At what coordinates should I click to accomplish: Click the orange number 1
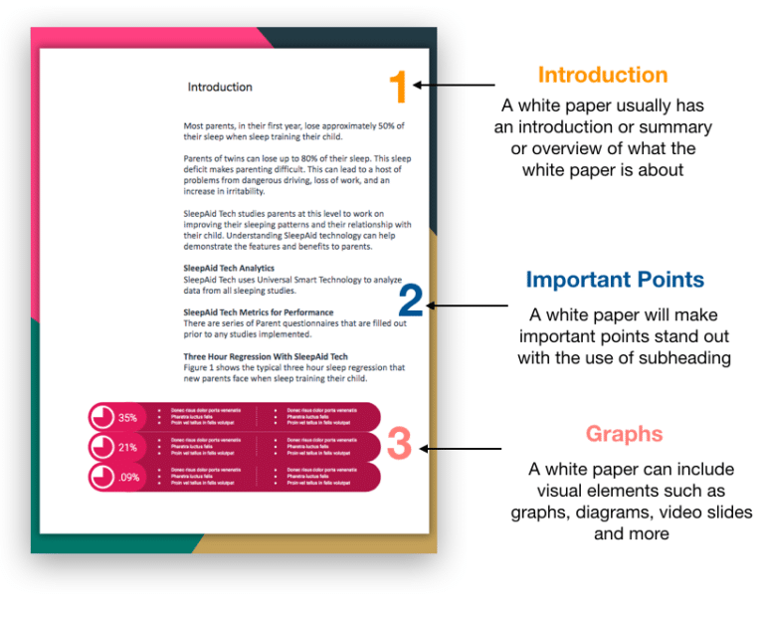pos(397,89)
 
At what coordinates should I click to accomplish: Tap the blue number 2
pos(411,300)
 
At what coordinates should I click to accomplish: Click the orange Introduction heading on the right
pos(602,75)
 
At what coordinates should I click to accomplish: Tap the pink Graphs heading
pos(624,434)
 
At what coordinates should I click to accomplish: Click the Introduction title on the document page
pos(220,88)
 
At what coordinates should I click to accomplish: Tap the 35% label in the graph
pos(127,418)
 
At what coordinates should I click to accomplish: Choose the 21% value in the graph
pos(127,448)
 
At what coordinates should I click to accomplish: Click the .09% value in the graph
pos(127,477)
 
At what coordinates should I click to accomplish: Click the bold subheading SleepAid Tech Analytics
pos(229,269)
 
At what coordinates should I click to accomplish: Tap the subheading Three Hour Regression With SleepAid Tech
pos(266,356)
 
